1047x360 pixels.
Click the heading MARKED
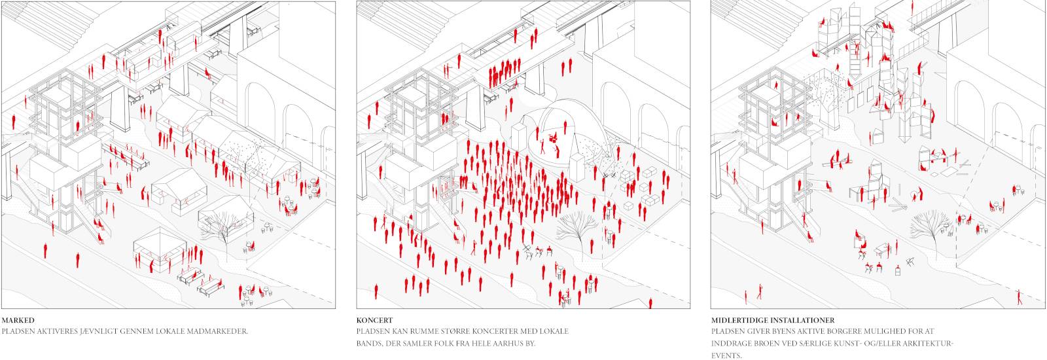[18, 321]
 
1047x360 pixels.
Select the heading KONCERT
[375, 321]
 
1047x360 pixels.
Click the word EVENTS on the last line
[726, 356]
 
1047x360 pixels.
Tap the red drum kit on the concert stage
[553, 136]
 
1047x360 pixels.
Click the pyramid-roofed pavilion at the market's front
[160, 249]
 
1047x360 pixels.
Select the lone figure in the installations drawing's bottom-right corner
[1019, 297]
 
